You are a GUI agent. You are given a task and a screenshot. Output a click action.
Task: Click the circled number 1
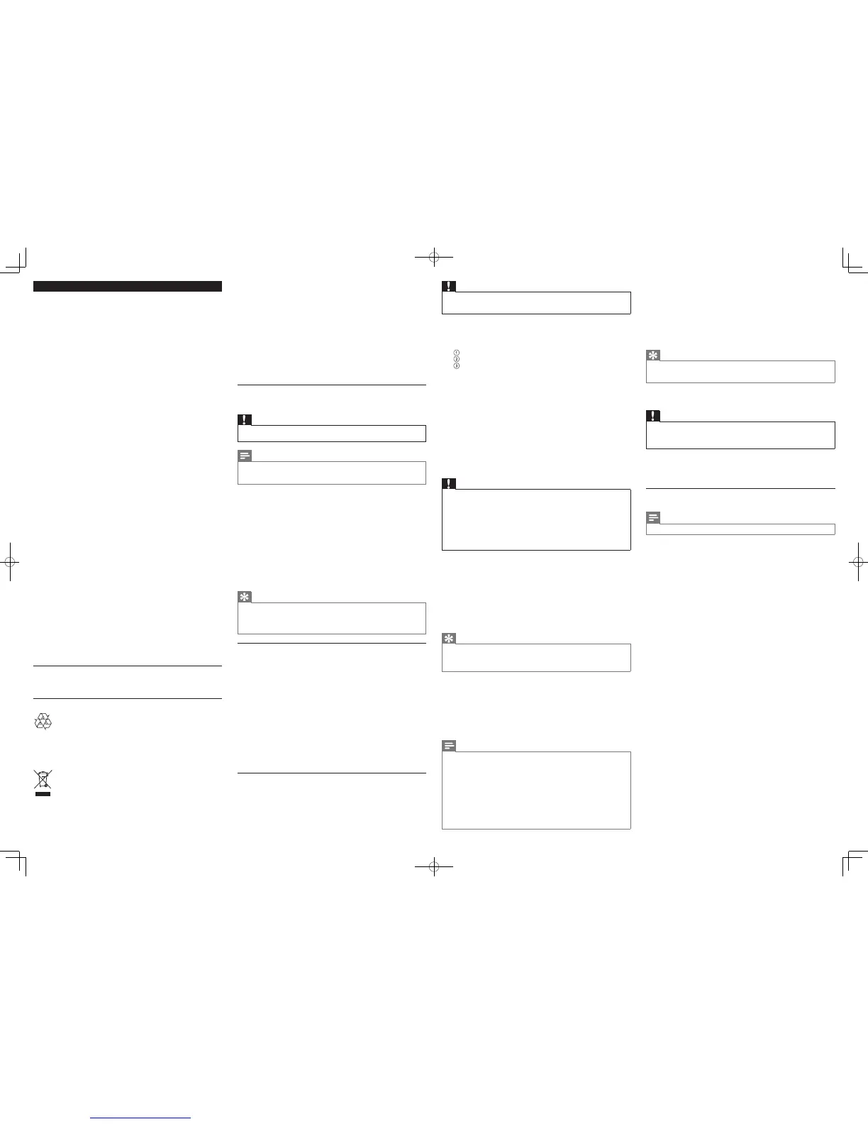click(457, 353)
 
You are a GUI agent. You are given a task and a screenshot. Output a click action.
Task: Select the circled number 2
click(457, 359)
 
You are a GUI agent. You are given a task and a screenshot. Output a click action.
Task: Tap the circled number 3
click(457, 366)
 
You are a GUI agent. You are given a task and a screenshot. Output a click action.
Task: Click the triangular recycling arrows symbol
click(43, 722)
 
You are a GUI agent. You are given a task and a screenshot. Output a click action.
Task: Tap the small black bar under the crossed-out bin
click(43, 795)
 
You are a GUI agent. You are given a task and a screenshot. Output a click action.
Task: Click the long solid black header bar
click(128, 286)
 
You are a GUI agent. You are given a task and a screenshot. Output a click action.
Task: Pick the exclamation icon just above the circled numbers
click(449, 286)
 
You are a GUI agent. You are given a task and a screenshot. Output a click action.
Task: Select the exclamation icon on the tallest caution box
click(449, 484)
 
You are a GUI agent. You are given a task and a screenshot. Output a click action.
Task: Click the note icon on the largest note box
click(449, 746)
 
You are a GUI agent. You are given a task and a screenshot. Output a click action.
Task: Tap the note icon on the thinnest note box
click(653, 518)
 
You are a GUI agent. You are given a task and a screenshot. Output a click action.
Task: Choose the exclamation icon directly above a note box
click(245, 419)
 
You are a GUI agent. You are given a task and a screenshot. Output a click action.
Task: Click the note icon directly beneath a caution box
click(245, 456)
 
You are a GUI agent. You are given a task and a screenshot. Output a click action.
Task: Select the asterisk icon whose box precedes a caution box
click(653, 355)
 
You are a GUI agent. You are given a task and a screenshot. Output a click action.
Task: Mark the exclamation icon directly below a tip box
click(653, 416)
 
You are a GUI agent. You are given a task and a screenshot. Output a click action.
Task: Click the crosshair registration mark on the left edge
click(10, 562)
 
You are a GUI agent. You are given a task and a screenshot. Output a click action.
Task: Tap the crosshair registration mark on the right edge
click(857, 562)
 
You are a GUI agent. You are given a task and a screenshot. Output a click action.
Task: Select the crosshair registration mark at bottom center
click(433, 866)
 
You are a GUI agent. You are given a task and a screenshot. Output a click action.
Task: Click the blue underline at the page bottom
click(141, 1118)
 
